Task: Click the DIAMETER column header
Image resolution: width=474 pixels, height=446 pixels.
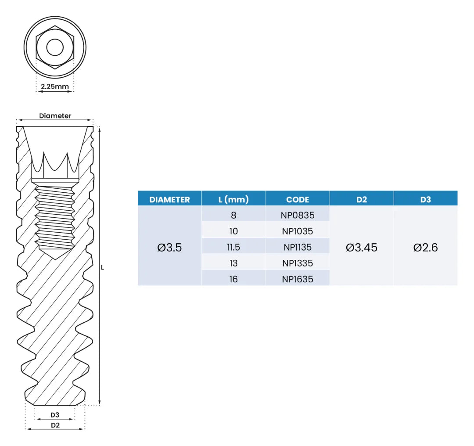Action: point(169,199)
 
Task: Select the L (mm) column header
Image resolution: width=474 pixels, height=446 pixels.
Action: point(233,199)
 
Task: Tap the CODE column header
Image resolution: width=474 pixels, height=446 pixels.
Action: point(298,199)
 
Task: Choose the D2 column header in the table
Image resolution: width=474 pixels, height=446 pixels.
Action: point(362,199)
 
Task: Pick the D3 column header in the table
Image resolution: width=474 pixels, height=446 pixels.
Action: point(425,199)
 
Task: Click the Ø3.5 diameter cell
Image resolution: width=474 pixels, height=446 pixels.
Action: point(169,248)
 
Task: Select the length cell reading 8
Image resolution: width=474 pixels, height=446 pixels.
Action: point(233,215)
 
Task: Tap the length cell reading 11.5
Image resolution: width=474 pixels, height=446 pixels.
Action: point(233,247)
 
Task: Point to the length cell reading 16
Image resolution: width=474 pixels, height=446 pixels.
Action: point(233,279)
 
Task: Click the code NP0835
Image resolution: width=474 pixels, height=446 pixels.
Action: point(298,215)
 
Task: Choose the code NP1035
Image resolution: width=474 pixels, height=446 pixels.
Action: point(298,231)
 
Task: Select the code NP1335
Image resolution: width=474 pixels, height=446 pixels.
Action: point(298,263)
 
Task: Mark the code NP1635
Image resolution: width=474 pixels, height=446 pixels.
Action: point(298,279)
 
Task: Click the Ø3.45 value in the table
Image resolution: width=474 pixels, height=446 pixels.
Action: point(362,248)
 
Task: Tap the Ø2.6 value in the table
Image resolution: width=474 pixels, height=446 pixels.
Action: point(425,248)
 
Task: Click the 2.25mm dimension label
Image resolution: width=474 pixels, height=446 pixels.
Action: point(55,86)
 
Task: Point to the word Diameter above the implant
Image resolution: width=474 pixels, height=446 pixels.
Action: point(55,116)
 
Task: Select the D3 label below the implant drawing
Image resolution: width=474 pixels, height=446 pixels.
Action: point(55,415)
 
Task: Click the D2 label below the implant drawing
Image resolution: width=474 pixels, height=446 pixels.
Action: point(55,425)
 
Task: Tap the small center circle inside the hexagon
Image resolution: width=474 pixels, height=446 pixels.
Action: point(55,47)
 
